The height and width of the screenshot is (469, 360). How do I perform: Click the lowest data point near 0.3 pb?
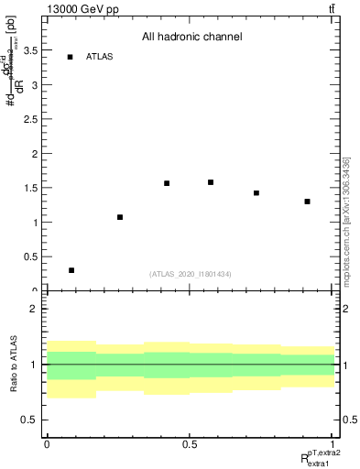coord(71,270)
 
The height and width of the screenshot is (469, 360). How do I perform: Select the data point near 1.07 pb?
coord(120,217)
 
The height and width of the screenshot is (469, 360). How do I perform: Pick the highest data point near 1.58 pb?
coord(211,182)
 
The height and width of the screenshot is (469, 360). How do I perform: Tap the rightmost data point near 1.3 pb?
coord(308,202)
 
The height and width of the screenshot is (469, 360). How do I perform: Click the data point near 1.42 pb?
coord(256,193)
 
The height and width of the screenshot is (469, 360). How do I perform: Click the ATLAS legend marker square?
coord(70,57)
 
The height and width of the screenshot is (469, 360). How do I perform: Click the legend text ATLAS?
coord(99,57)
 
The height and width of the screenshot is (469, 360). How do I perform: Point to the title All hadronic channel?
coord(191,38)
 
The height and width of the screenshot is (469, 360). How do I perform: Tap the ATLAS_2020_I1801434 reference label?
coord(191,274)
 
